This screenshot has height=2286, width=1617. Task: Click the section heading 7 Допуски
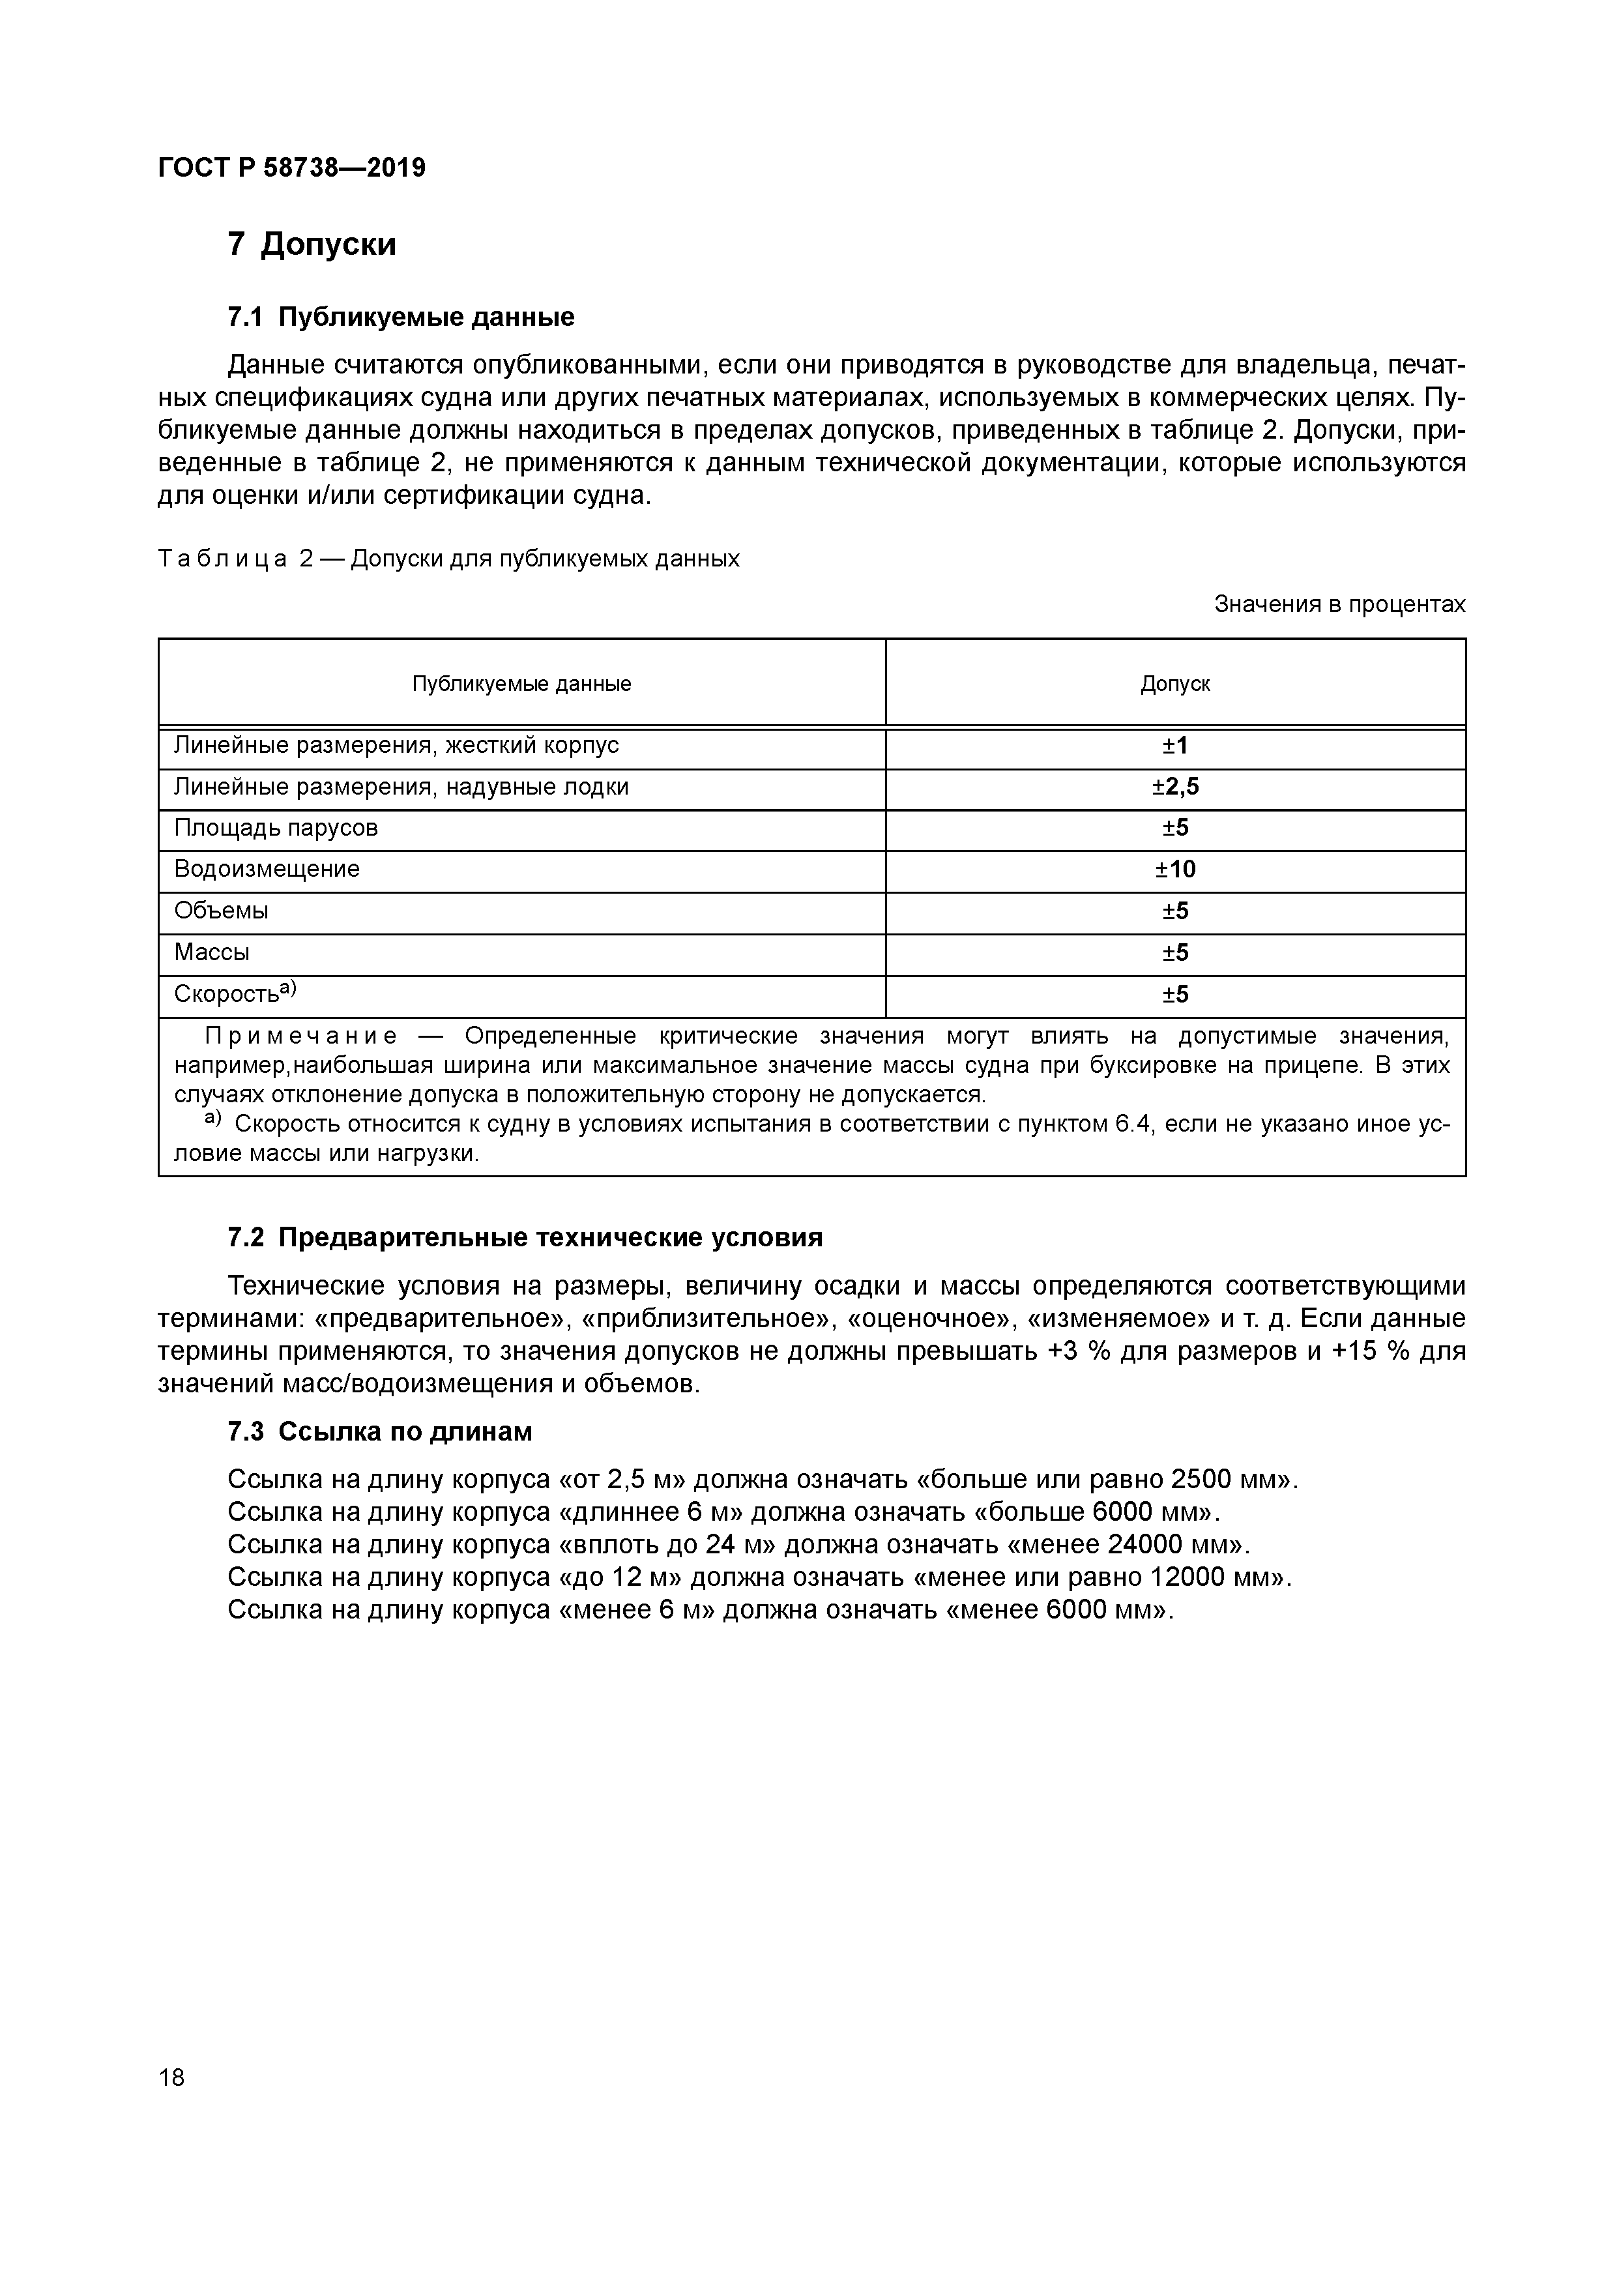click(311, 244)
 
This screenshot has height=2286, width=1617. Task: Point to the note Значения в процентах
click(1339, 604)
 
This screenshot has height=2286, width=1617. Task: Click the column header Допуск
click(1175, 684)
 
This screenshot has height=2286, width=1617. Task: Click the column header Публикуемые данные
click(522, 684)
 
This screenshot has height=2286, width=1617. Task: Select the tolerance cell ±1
click(1175, 746)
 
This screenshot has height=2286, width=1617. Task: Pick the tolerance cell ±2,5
click(1175, 787)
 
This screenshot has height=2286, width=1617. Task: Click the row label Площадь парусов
click(276, 828)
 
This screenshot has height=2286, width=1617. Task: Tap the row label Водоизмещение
click(267, 869)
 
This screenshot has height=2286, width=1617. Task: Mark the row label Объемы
click(221, 911)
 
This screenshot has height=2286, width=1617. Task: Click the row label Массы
click(212, 953)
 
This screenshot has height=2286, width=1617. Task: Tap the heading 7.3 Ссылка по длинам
click(379, 1431)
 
